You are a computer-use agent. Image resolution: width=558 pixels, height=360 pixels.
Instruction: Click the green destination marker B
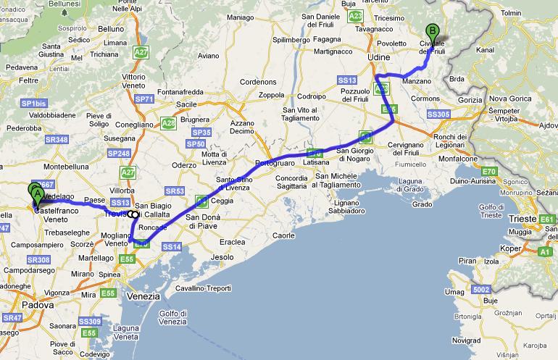[433, 33]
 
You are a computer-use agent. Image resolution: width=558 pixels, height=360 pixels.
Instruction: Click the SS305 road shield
[439, 114]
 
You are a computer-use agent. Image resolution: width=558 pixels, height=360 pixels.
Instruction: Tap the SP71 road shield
[145, 99]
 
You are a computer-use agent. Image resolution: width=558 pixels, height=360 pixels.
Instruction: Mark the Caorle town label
[284, 235]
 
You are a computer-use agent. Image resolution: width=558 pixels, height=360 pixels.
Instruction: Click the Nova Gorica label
[506, 99]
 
